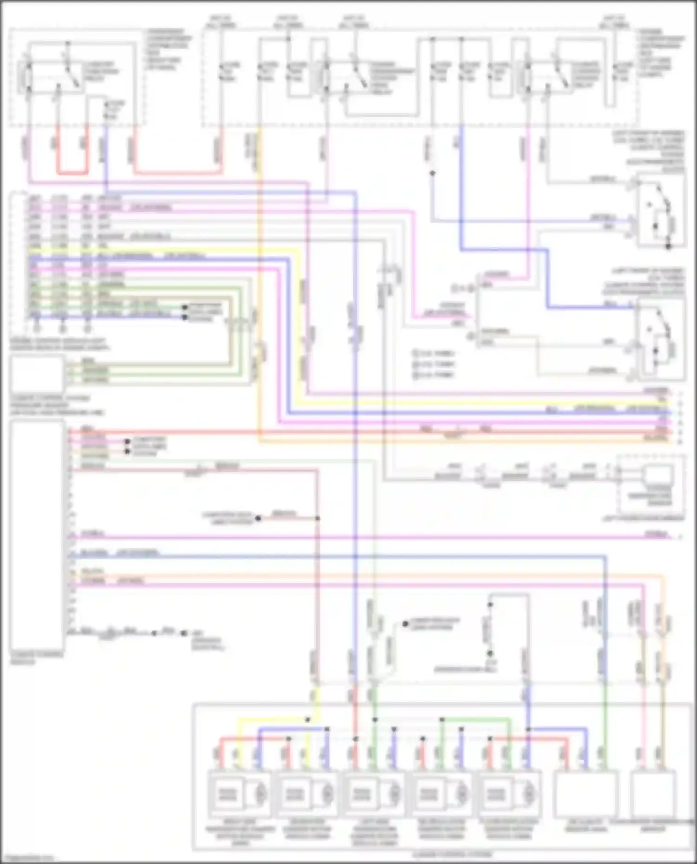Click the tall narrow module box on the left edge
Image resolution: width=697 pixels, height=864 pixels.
tap(37, 534)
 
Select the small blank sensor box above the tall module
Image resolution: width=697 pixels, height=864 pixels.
tap(37, 374)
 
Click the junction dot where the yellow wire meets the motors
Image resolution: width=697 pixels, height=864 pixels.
tap(307, 719)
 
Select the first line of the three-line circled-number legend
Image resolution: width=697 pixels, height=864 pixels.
tap(433, 354)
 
